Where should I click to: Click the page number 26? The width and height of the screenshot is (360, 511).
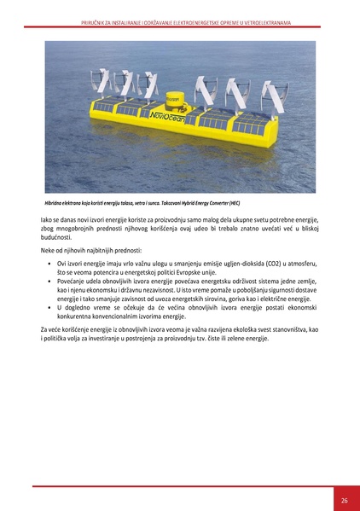pos(343,499)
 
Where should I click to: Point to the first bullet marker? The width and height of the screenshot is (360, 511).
pos(49,264)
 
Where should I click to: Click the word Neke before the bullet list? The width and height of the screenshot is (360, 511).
pos(49,251)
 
